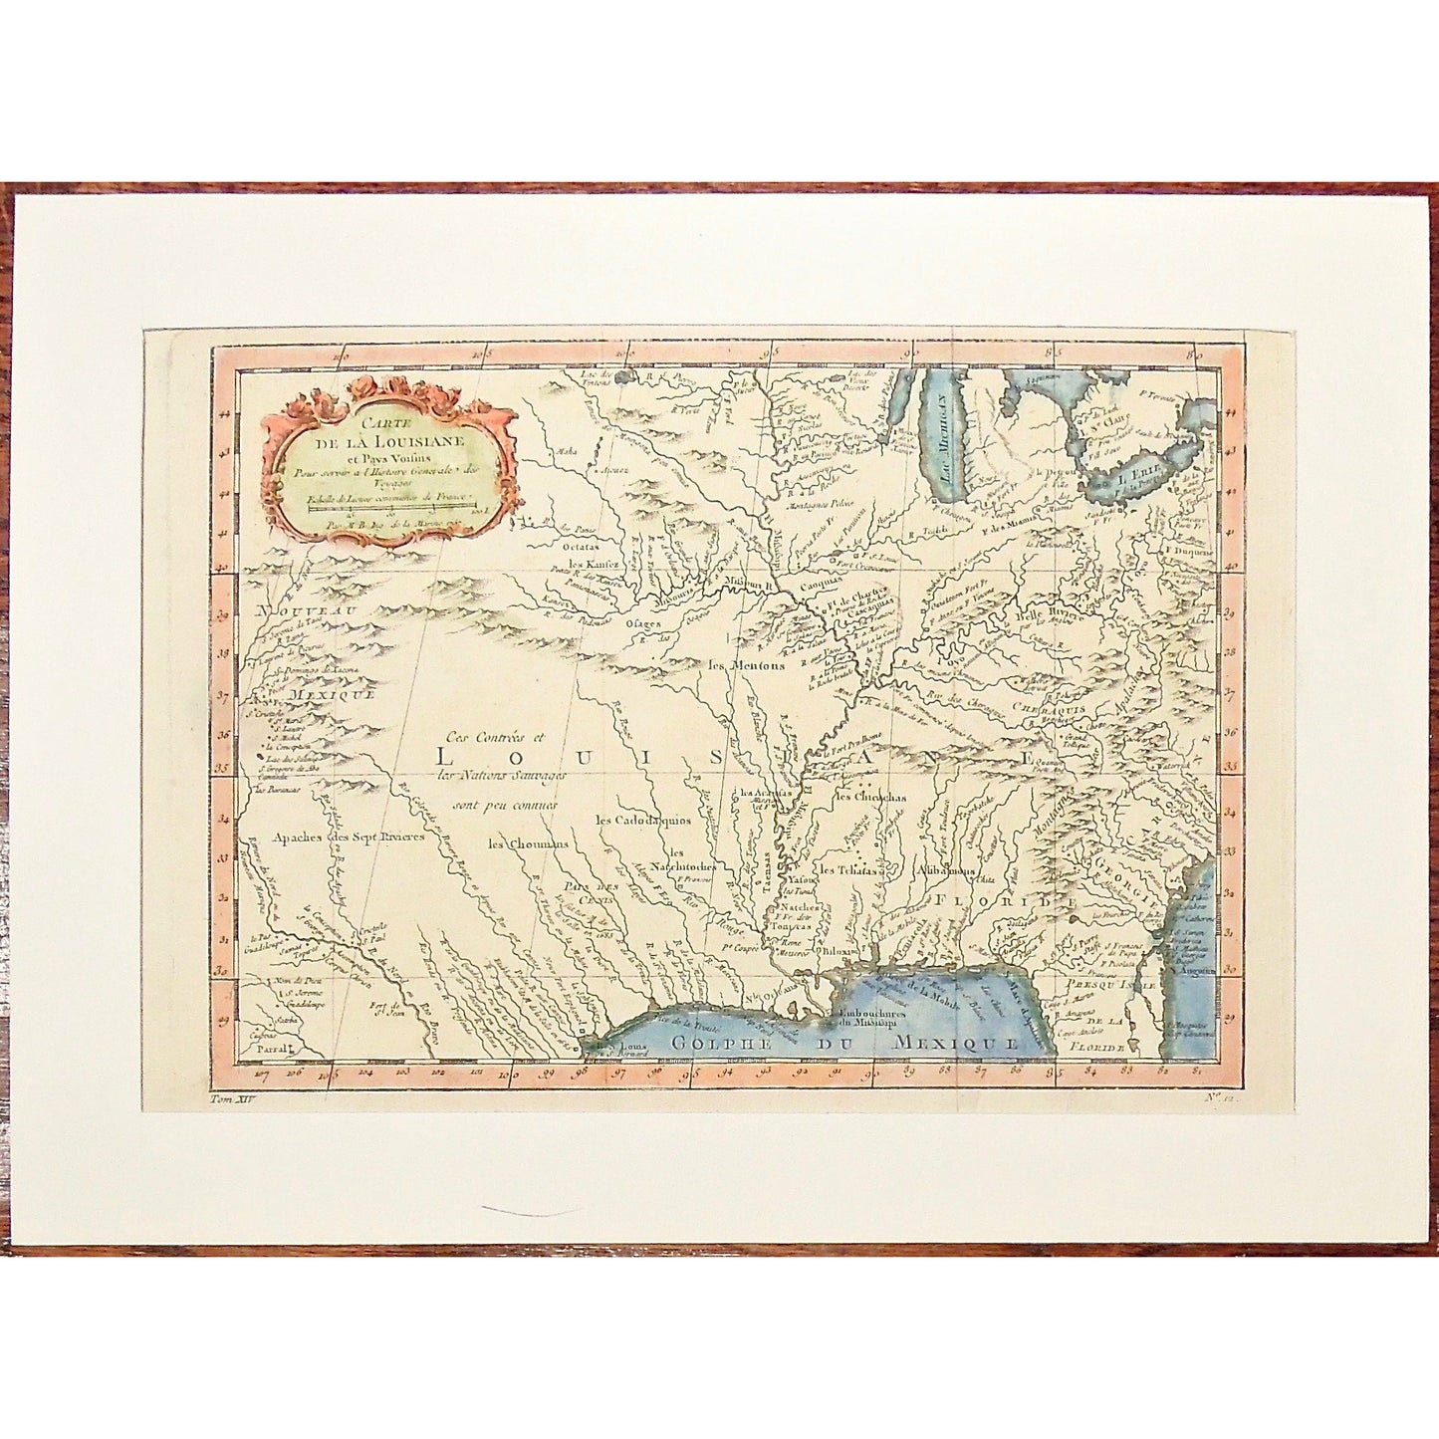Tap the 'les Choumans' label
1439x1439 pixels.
tap(528, 843)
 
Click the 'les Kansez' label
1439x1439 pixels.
tap(594, 564)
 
